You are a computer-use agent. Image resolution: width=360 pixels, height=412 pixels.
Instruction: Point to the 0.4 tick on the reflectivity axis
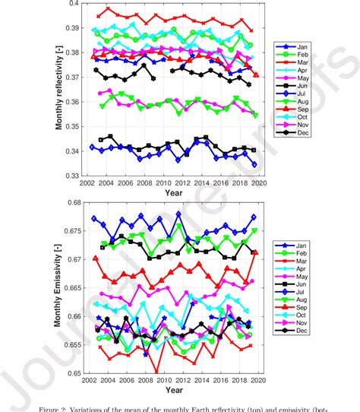(x=74, y=4)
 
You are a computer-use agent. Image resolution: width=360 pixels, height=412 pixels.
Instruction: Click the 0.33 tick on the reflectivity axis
(x=73, y=176)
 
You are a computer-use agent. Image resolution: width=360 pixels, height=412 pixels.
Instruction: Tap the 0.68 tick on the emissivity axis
(x=73, y=202)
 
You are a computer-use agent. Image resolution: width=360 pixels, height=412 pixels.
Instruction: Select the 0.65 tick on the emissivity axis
(x=73, y=372)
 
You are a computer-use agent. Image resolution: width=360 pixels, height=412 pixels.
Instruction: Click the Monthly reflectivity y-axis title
(x=58, y=90)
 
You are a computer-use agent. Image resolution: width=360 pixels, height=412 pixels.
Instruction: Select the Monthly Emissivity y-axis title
(x=58, y=287)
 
